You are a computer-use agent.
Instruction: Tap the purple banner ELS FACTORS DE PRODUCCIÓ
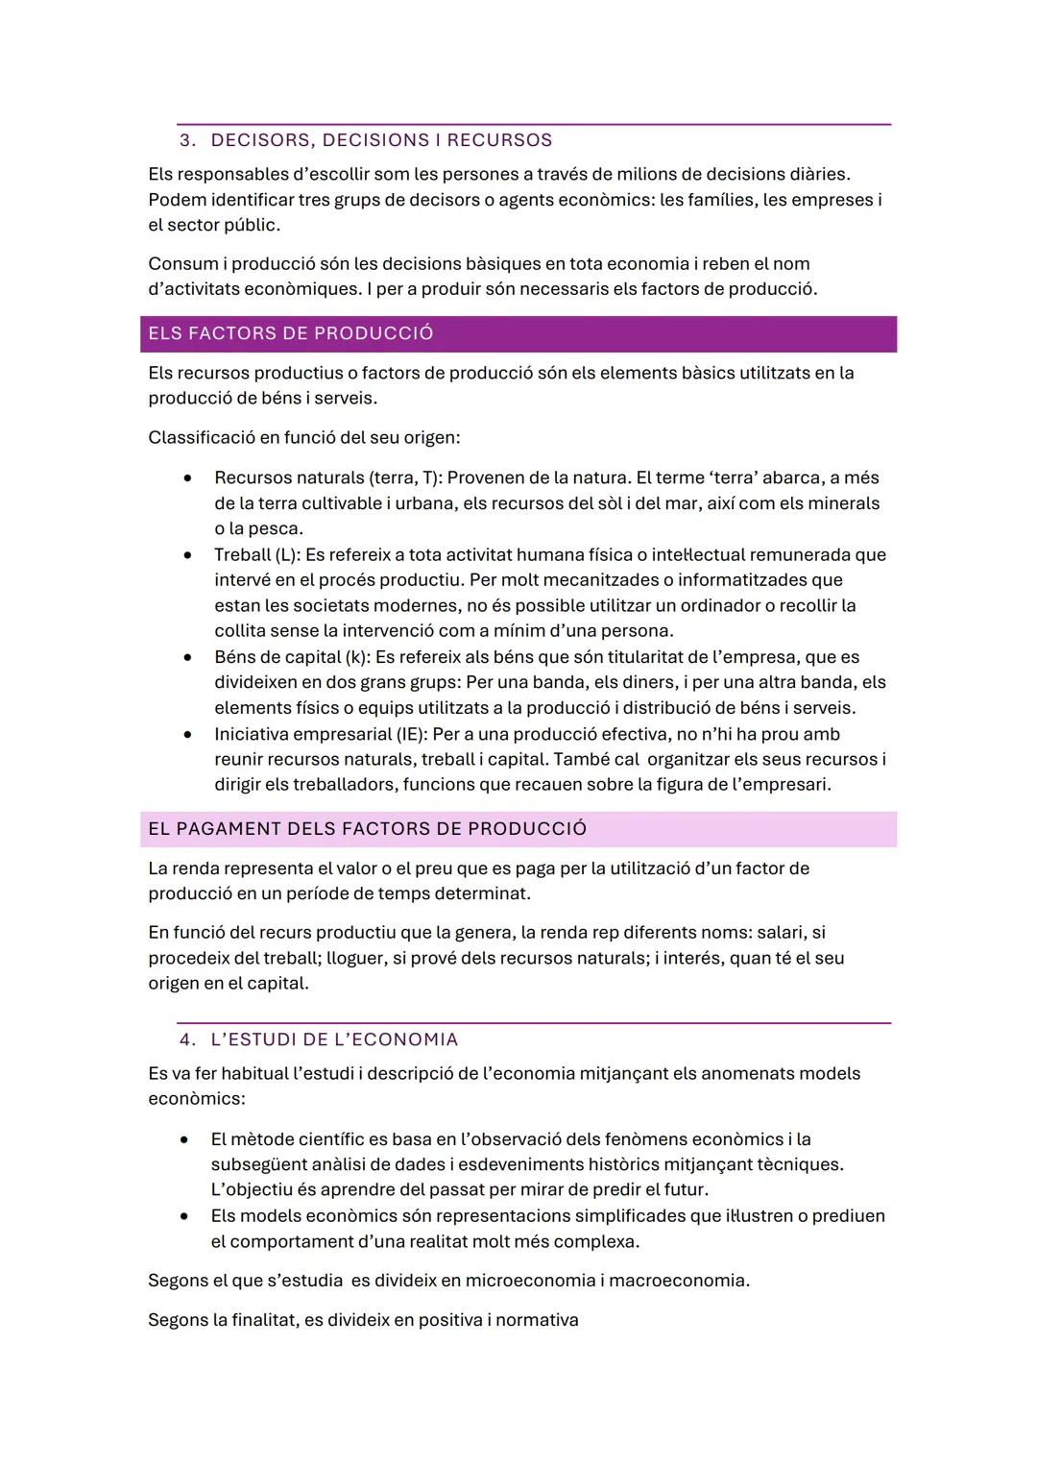pyautogui.click(x=518, y=333)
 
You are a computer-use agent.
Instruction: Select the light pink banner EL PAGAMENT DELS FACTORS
pyautogui.click(x=518, y=829)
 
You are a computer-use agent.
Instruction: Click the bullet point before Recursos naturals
pyautogui.click(x=187, y=477)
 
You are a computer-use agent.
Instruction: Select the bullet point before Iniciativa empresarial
pyautogui.click(x=187, y=735)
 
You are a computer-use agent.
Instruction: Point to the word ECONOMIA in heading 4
pyautogui.click(x=411, y=1039)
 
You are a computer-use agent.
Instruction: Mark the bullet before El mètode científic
pyautogui.click(x=183, y=1139)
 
